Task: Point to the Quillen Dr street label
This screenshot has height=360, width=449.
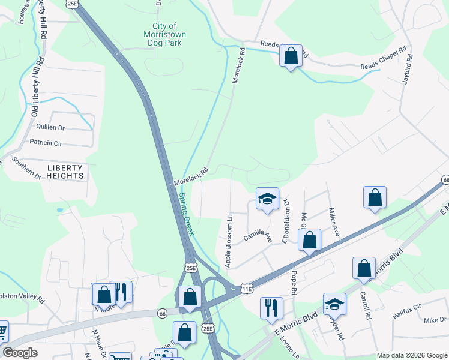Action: [x=50, y=127]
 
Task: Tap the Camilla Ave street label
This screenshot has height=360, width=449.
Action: [x=258, y=233]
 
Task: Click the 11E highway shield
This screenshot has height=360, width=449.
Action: [x=247, y=289]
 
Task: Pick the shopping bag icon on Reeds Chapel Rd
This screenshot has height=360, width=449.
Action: [x=291, y=56]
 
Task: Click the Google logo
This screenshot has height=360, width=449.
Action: [x=20, y=353]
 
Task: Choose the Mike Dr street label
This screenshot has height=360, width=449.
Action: [x=435, y=320]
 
